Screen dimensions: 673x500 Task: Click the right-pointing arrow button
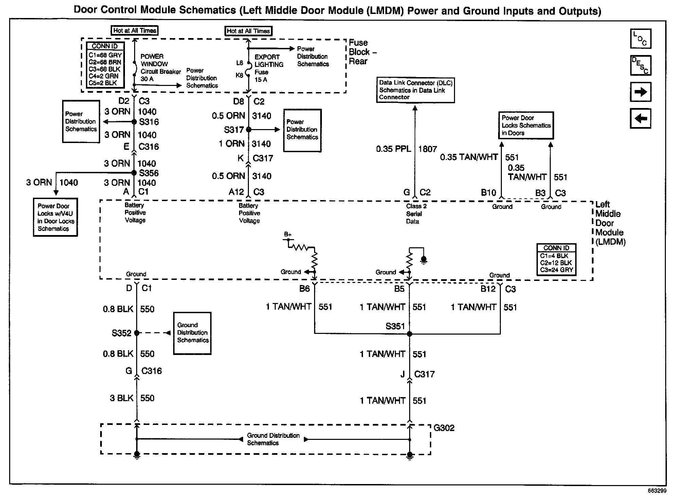coord(640,92)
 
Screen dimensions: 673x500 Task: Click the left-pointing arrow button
coord(640,119)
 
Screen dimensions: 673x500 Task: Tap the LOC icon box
coord(640,39)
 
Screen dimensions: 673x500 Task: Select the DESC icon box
coord(640,65)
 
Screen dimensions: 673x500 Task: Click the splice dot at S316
coord(134,122)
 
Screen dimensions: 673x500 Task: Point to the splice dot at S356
coord(134,173)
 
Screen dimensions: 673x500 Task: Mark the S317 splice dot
coord(249,129)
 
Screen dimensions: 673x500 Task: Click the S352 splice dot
coord(137,333)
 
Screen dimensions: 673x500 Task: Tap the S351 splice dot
coord(410,334)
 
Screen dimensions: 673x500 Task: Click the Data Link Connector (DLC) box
coord(415,90)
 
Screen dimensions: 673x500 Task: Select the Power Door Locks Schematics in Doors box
coord(526,125)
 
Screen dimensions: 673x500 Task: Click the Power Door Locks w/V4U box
coord(55,217)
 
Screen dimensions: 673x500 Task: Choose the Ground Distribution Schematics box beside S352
coord(192,333)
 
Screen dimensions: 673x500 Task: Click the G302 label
coord(444,428)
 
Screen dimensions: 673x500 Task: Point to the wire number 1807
coord(428,149)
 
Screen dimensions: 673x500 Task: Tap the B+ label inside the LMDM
coord(288,234)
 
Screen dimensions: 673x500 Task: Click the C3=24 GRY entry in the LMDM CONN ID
coord(557,270)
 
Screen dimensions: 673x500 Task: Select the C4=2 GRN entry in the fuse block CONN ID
coord(104,76)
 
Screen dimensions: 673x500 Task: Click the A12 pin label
coord(236,192)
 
